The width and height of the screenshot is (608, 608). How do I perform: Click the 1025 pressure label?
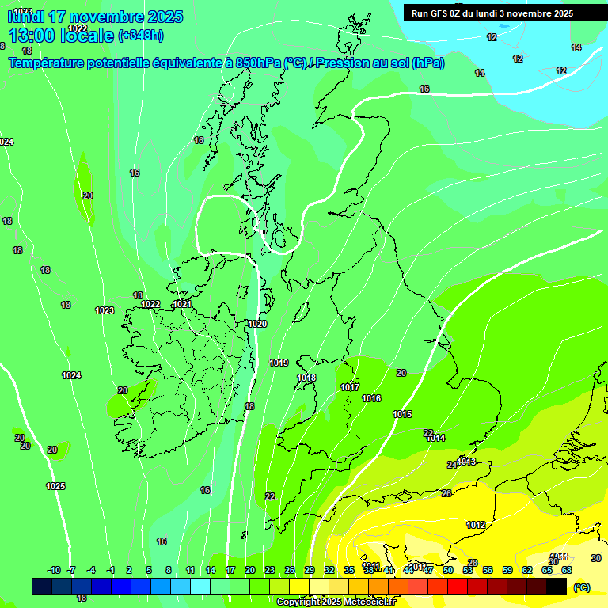tap(55, 486)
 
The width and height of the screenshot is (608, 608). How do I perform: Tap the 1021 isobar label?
tap(182, 304)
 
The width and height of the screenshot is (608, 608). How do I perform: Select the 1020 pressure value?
tap(257, 324)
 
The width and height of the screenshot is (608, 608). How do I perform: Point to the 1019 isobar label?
tap(279, 363)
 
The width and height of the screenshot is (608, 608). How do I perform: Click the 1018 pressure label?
tap(306, 378)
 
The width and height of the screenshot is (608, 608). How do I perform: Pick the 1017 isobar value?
tap(350, 387)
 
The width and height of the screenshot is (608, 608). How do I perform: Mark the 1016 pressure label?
tap(371, 398)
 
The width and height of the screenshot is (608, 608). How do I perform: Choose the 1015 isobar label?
tap(402, 414)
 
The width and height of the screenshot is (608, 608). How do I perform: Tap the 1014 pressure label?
tap(436, 438)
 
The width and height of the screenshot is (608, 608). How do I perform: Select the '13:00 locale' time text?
tap(61, 35)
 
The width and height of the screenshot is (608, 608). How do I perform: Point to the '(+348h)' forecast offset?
tap(141, 35)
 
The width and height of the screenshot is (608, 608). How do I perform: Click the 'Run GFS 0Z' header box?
tap(492, 13)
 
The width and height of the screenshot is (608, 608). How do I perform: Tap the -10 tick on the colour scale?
tap(54, 570)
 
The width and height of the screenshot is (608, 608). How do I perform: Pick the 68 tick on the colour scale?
tap(567, 570)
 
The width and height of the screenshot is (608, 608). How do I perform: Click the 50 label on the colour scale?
tap(448, 570)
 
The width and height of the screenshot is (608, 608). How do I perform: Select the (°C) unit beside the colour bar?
tap(581, 587)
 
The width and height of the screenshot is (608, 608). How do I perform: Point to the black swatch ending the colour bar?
tap(557, 586)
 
